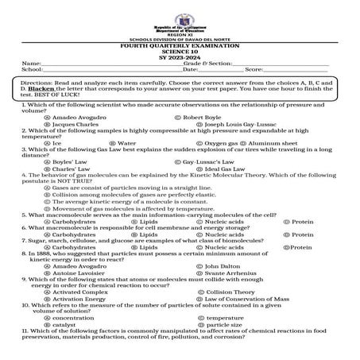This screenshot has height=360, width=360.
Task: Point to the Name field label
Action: tap(31, 64)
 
